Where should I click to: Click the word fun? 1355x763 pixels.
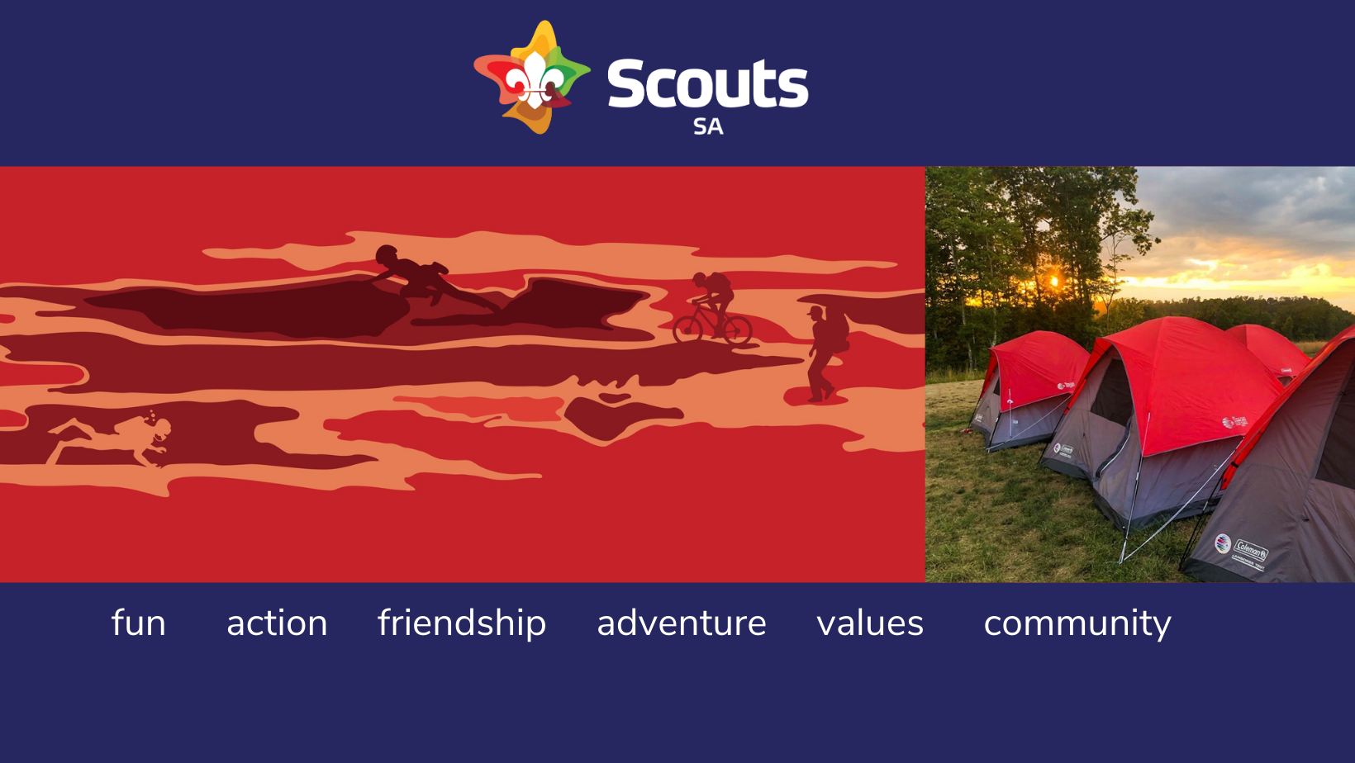[139, 623]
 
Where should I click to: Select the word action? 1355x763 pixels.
[277, 623]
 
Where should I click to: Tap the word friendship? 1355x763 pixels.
[462, 624]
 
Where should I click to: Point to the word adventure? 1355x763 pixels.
[682, 623]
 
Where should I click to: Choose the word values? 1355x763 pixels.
[871, 623]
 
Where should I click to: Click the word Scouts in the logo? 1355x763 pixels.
[708, 83]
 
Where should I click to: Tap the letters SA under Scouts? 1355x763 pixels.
[708, 127]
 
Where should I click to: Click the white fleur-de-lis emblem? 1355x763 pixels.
[535, 80]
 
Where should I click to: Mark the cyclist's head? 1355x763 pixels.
[699, 280]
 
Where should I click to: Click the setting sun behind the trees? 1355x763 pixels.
[1054, 281]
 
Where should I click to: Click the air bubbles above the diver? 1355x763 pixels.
[151, 415]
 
